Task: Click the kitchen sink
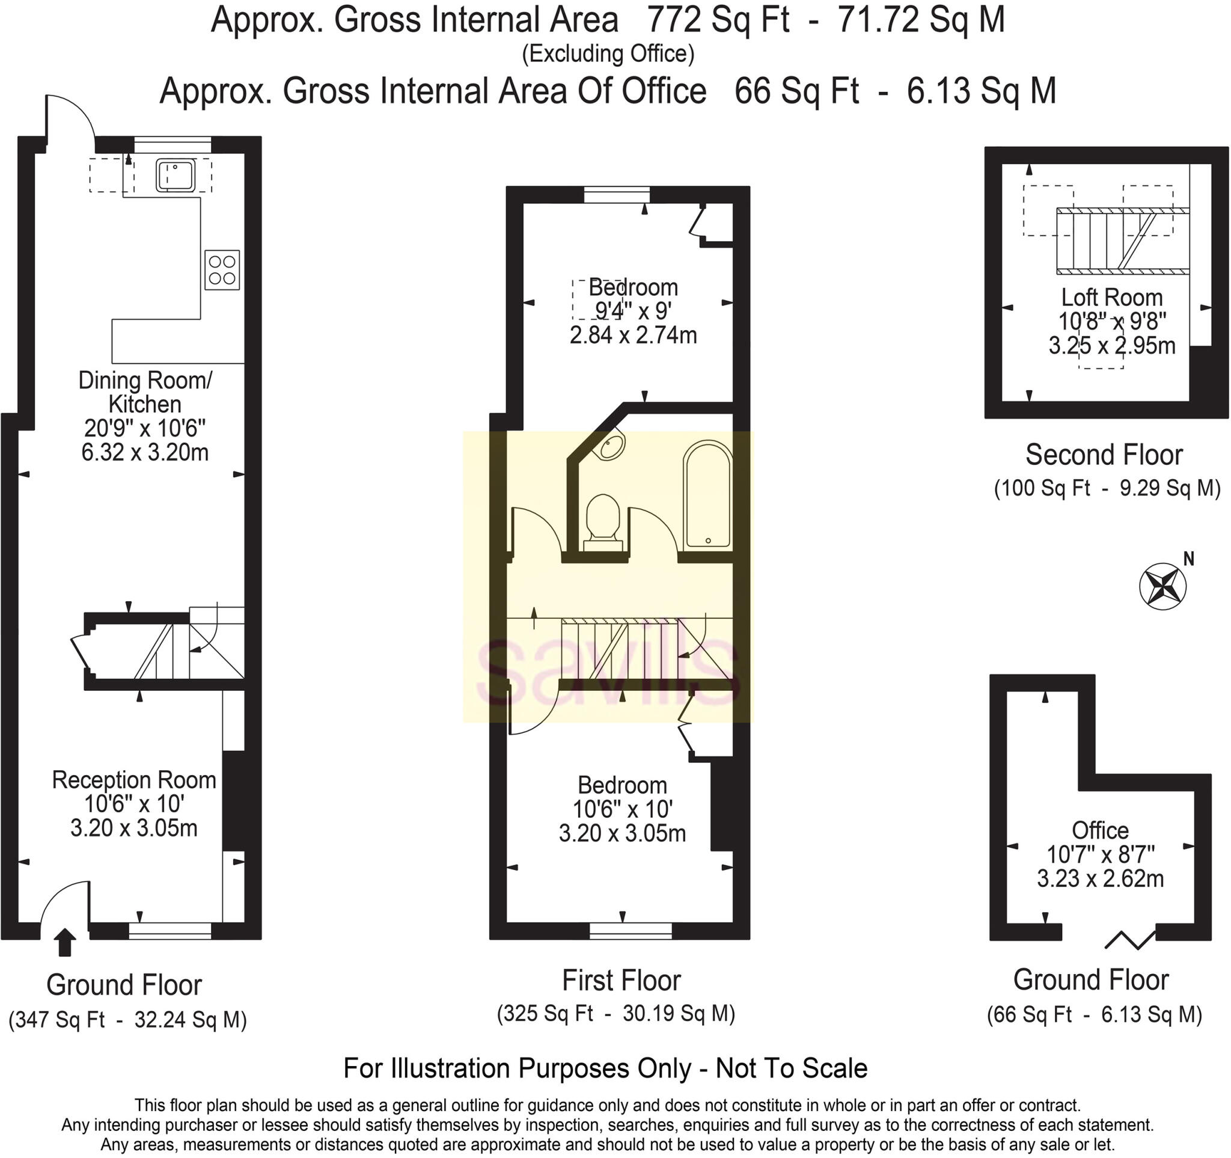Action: (176, 175)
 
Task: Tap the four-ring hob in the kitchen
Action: (222, 269)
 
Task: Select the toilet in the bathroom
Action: (602, 518)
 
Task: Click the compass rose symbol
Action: (1162, 586)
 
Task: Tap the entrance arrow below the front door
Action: (64, 943)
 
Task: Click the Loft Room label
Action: (1111, 297)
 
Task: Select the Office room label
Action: (1101, 830)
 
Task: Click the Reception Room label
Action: (134, 780)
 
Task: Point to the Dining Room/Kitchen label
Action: (145, 392)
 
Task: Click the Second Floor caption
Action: (1104, 455)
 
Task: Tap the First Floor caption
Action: (621, 981)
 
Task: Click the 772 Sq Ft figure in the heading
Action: (718, 21)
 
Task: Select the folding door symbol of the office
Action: (1129, 939)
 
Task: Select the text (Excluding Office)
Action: (608, 55)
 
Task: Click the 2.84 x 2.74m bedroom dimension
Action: (633, 335)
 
